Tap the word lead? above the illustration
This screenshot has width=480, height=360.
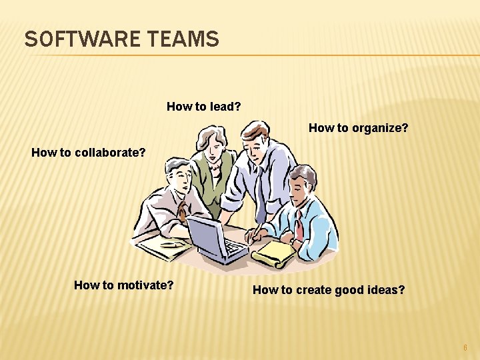225,106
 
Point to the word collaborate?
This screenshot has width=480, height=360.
109,152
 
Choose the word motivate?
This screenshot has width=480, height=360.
145,285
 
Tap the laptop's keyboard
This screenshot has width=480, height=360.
233,249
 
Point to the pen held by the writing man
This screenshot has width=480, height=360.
257,230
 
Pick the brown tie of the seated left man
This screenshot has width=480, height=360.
182,214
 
